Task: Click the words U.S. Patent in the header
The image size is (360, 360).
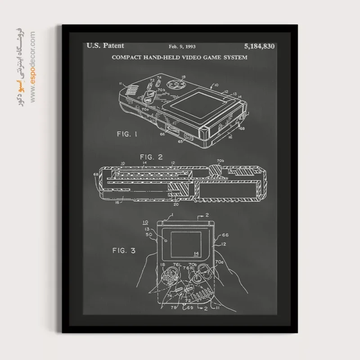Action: (105, 45)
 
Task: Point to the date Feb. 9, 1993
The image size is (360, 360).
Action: (182, 46)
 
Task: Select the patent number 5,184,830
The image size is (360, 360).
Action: (259, 46)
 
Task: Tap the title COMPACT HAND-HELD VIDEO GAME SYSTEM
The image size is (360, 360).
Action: (179, 57)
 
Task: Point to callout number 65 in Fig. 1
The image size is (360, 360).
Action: (180, 141)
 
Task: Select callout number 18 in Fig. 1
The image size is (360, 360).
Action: (183, 77)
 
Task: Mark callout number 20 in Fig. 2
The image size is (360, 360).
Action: (175, 203)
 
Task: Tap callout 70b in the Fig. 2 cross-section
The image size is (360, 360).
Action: (220, 160)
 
